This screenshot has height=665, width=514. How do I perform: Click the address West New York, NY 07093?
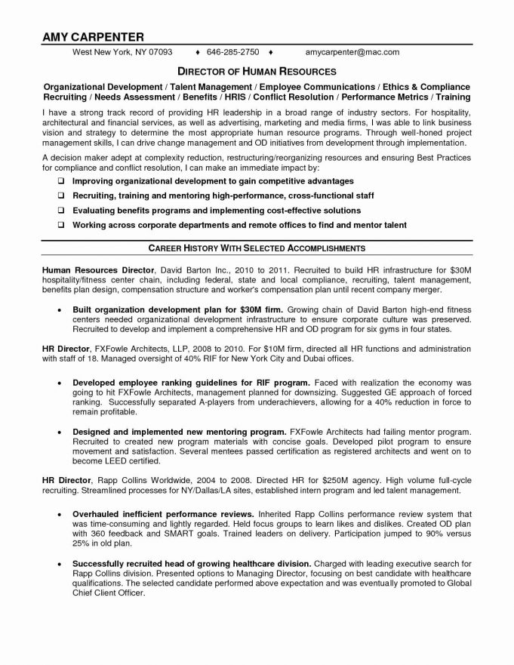point(122,53)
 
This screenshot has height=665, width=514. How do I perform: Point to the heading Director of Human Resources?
point(257,71)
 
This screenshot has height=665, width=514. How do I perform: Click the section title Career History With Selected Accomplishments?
point(257,248)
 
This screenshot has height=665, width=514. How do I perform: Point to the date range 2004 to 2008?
point(227,479)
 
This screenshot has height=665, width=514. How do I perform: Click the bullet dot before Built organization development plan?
point(60,310)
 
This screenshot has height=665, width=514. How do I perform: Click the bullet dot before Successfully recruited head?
point(60,563)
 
